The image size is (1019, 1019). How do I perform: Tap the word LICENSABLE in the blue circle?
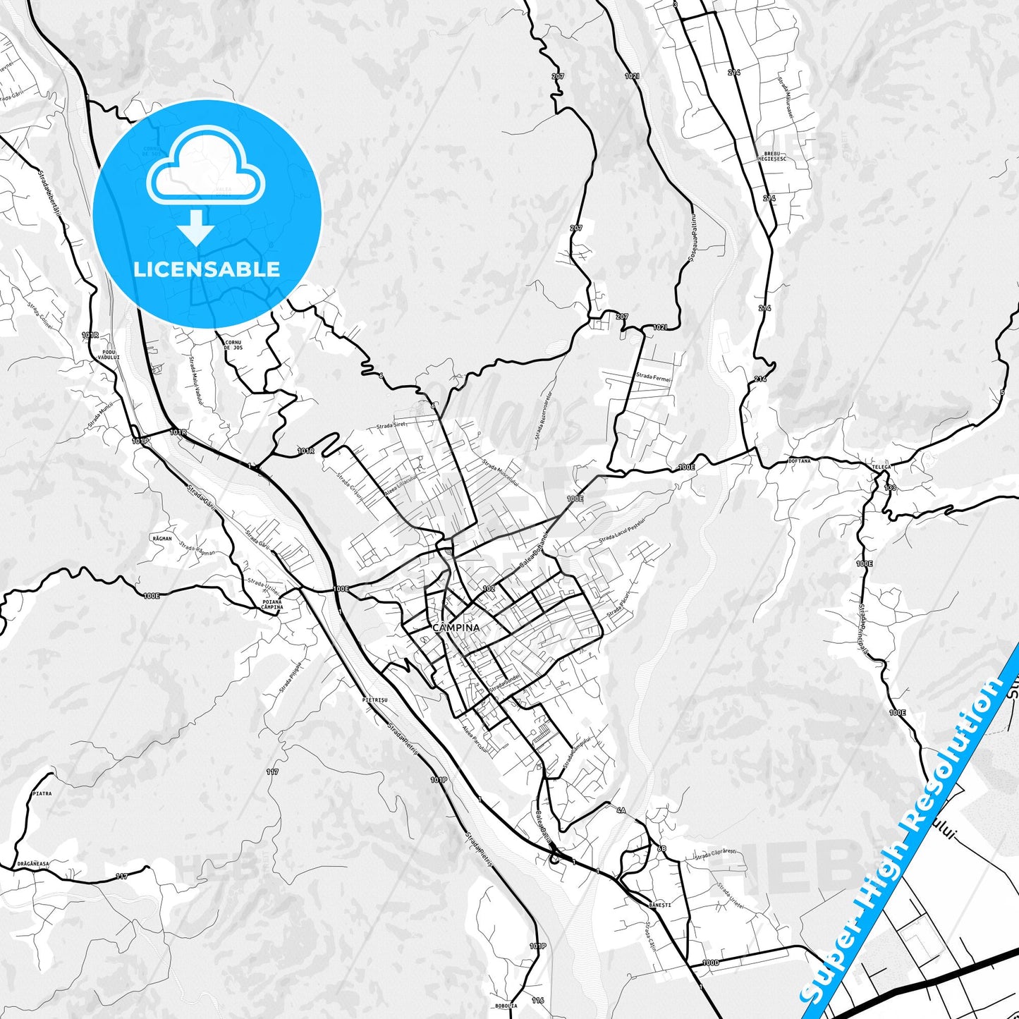[207, 269]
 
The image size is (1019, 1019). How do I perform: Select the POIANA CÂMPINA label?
[271, 604]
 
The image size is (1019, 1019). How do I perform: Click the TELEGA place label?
[881, 467]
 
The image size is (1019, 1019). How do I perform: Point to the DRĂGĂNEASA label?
[33, 863]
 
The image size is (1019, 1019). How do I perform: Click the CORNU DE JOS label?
[233, 345]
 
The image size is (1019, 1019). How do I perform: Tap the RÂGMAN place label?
[161, 539]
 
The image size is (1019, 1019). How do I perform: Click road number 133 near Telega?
[890, 488]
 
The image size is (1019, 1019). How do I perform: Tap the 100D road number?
[710, 963]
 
